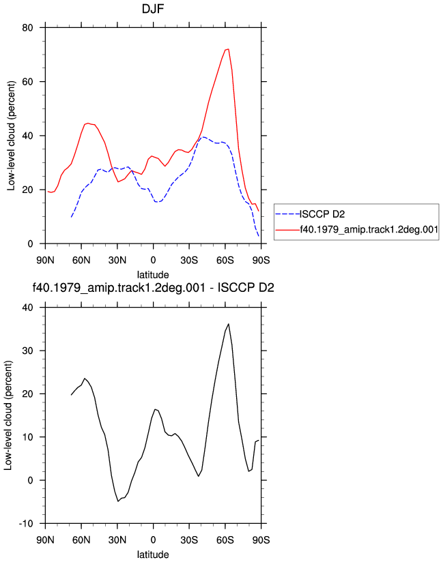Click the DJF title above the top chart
click(153, 9)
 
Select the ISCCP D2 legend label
click(322, 214)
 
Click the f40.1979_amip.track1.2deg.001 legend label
click(369, 230)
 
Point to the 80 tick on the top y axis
click(27, 27)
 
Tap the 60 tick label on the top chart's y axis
click(27, 82)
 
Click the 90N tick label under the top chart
click(45, 261)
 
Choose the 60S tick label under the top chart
click(225, 261)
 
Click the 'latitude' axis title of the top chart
click(153, 275)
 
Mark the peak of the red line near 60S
click(228, 50)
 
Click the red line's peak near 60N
click(88, 123)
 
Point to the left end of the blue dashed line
click(72, 217)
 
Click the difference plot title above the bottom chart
click(153, 288)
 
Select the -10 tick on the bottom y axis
click(26, 524)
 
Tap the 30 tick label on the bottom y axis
click(27, 351)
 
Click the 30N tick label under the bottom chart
click(117, 540)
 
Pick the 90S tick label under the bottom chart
click(261, 540)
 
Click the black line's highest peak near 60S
click(229, 324)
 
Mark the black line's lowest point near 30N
click(118, 501)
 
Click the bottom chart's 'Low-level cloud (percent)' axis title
click(8, 415)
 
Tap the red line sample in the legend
click(287, 230)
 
